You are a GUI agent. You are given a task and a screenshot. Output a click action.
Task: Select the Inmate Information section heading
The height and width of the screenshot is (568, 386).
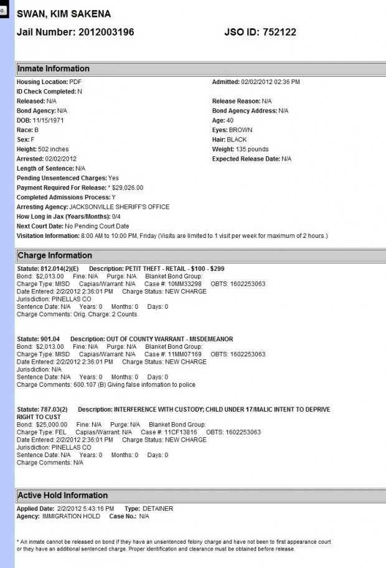(54, 69)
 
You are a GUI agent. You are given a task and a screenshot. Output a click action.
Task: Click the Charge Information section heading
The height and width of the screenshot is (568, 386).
(55, 255)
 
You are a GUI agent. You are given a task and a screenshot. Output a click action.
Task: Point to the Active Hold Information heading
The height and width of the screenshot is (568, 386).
(63, 495)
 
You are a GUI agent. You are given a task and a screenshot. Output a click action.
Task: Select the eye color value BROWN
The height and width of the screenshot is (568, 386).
(241, 130)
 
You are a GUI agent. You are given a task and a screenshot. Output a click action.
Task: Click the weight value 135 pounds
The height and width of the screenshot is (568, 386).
(253, 149)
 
